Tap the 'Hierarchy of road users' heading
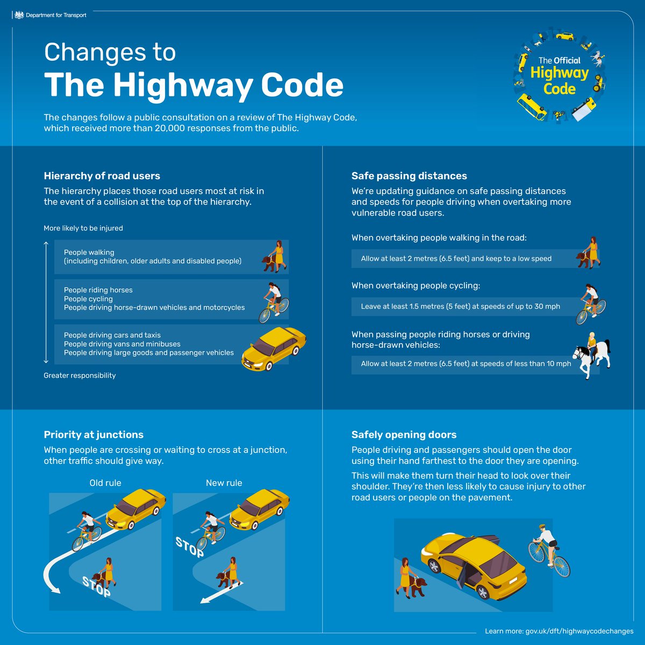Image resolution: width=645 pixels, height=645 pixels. [102, 176]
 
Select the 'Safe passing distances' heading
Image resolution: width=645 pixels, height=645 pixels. [409, 176]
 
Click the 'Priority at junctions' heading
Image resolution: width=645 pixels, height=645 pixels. [94, 434]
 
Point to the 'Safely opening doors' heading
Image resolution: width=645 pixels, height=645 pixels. [404, 434]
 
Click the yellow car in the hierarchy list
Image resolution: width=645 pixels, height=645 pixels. [274, 348]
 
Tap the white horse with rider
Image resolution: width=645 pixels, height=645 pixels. [591, 355]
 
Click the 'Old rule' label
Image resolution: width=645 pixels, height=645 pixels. [105, 483]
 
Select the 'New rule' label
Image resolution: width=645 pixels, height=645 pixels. [224, 483]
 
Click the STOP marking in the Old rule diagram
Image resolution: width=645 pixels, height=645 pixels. [96, 586]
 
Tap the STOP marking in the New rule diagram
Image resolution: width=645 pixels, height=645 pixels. [189, 547]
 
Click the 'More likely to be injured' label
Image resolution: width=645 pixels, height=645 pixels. [83, 228]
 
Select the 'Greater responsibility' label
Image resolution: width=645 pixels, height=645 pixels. [80, 375]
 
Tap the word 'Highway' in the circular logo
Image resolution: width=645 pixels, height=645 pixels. [560, 73]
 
